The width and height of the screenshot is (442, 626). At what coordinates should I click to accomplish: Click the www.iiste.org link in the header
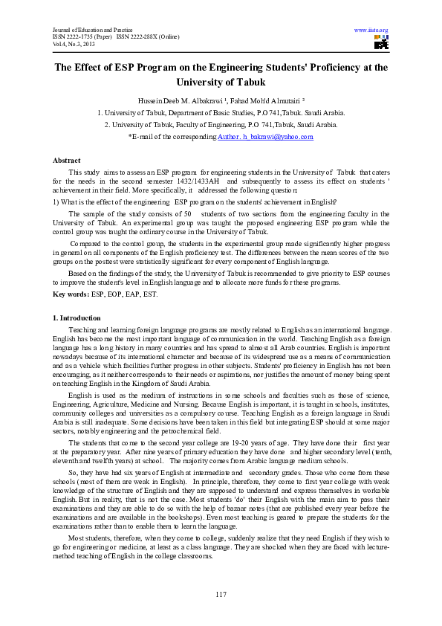point(372,30)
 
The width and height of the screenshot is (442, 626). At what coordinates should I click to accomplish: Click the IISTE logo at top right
point(380,42)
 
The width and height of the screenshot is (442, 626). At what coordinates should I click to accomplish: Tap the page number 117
point(221,593)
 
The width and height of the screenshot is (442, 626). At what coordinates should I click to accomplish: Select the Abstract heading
point(67,161)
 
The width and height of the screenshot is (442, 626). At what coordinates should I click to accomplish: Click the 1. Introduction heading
point(76,317)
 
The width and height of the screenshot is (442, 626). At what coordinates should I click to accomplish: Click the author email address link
point(265,137)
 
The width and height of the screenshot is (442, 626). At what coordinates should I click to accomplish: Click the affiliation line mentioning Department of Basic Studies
point(221,112)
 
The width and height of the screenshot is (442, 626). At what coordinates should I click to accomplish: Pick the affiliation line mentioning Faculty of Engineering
point(221,125)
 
